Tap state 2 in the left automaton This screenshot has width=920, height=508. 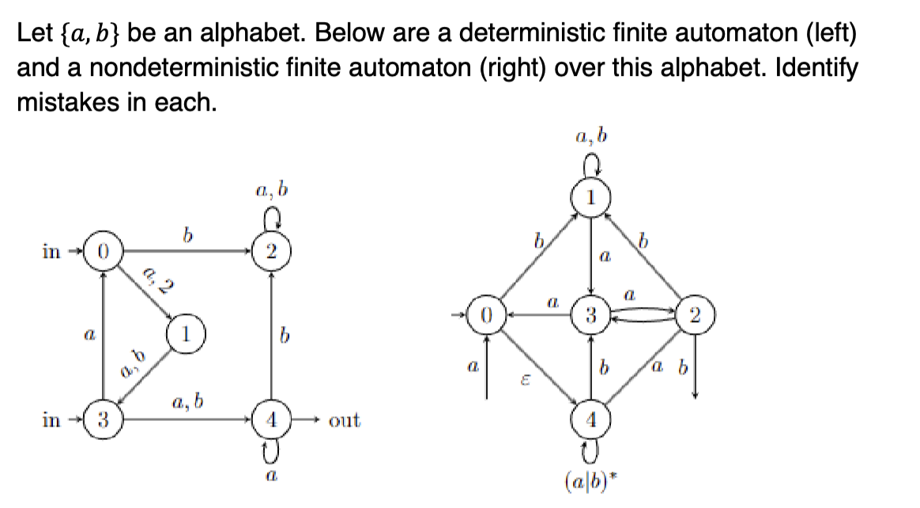pyautogui.click(x=271, y=252)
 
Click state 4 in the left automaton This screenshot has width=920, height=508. pyautogui.click(x=271, y=419)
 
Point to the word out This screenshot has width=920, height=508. pyautogui.click(x=344, y=420)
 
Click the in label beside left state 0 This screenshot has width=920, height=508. pyautogui.click(x=50, y=252)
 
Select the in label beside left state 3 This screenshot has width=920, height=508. pyautogui.click(x=50, y=419)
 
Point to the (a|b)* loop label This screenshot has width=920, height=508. pyautogui.click(x=591, y=480)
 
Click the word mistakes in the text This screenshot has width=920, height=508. pyautogui.click(x=62, y=102)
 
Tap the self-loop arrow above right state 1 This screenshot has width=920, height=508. pyautogui.click(x=590, y=165)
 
